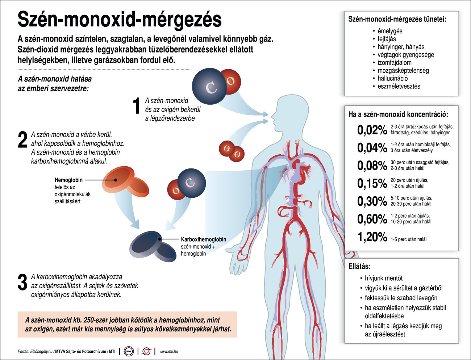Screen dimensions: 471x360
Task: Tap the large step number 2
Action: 22,139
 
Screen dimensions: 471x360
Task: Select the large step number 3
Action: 22,282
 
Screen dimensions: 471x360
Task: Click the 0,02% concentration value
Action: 372,130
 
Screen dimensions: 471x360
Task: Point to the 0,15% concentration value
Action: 372,183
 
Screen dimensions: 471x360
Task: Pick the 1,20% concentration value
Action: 372,237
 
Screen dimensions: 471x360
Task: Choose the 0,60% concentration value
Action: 372,219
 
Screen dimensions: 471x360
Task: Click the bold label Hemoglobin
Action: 68,180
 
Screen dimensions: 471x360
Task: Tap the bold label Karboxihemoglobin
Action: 203,239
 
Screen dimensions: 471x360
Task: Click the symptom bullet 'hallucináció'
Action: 392,78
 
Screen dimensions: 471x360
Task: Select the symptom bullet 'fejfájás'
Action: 387,39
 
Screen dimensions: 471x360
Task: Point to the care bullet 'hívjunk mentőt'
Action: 384,278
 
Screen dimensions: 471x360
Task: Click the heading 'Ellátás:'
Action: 359,266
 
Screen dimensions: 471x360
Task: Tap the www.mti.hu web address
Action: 169,351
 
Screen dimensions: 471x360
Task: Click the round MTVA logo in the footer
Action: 129,351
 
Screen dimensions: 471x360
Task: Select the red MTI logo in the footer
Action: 147,351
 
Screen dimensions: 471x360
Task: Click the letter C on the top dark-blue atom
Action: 211,88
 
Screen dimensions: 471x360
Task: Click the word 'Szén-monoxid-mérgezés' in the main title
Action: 120,20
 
